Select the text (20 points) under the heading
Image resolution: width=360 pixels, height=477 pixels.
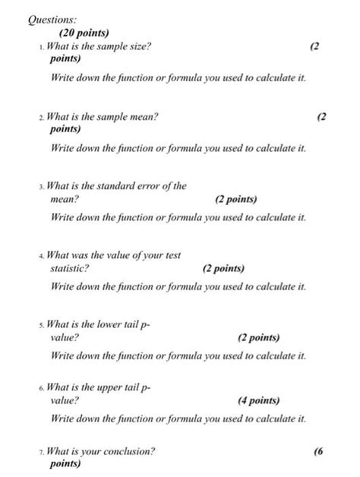[84, 33]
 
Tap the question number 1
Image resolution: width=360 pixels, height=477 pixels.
[41, 47]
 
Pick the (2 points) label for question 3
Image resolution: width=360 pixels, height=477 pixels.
[235, 200]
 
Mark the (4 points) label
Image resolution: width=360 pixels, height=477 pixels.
[258, 402]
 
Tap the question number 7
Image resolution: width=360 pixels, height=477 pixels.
[41, 451]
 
